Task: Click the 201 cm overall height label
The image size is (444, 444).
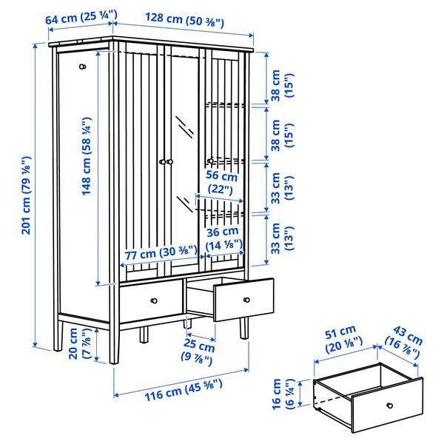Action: coord(27,195)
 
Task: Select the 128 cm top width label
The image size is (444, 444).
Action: coord(184,20)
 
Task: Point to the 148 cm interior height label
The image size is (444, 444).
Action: coord(87,156)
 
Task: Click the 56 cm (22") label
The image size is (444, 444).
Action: coord(221,182)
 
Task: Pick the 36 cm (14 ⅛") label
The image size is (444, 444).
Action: coord(224,238)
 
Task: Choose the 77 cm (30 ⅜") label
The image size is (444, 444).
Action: coord(161,252)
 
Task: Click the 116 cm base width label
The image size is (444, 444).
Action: coord(184,390)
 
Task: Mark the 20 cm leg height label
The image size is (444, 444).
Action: coord(80,343)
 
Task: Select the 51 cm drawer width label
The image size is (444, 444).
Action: coord(343,339)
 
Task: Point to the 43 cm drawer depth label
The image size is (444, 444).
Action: coord(404,342)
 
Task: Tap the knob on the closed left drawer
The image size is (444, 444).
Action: coord(154,300)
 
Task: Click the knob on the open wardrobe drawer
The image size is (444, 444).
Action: coord(246,300)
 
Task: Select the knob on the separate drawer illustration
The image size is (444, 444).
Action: coord(390,406)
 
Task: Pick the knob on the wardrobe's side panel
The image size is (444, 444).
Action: coord(82,67)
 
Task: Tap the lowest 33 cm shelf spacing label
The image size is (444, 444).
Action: coord(283,238)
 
